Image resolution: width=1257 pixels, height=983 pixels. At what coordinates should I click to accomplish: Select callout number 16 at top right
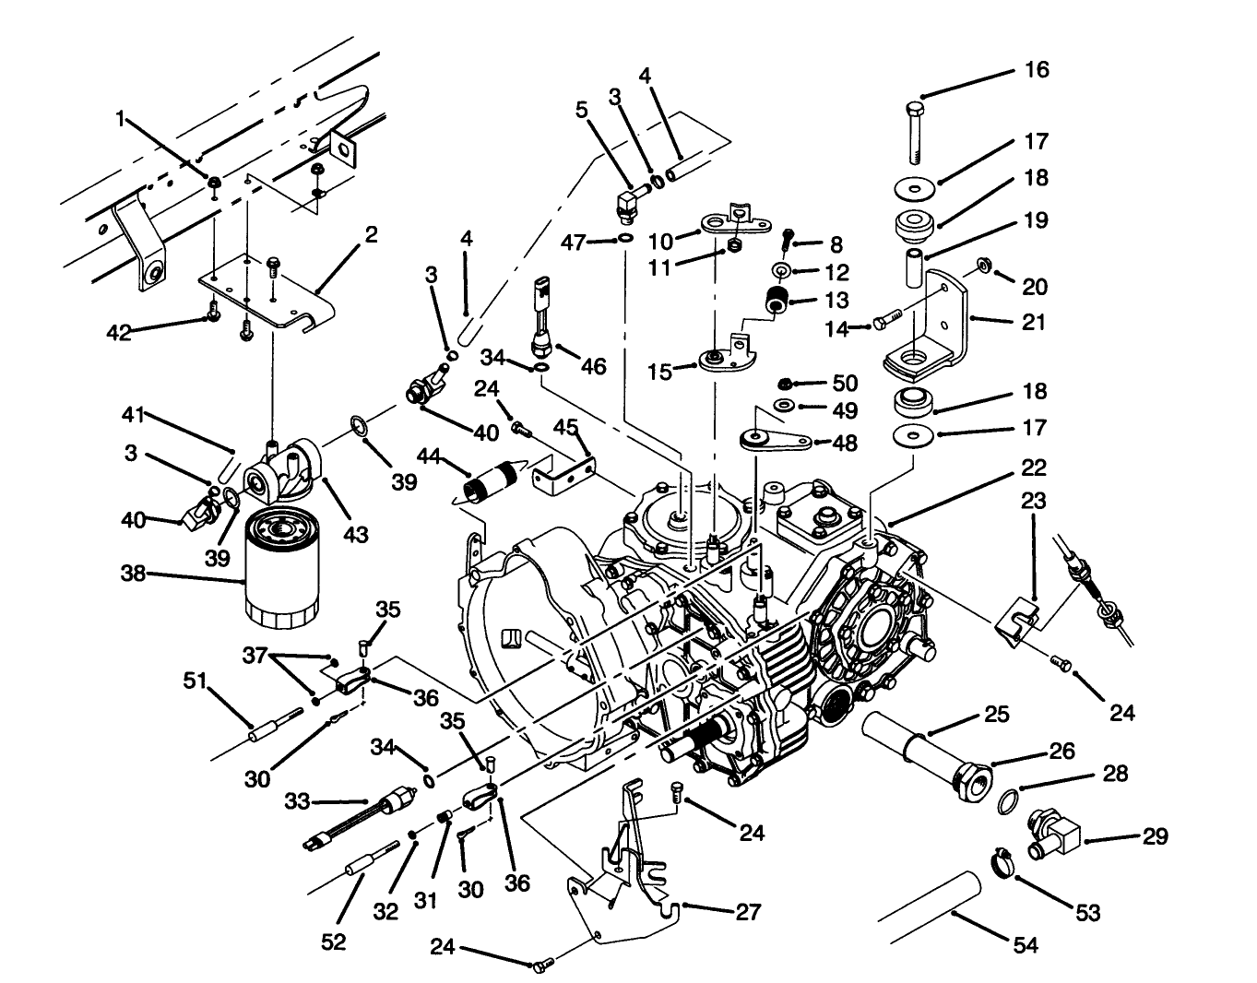pos(1037,70)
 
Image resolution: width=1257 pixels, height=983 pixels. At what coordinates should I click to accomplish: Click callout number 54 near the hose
pos(1025,945)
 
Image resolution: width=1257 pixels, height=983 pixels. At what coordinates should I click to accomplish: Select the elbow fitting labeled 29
pos(1053,831)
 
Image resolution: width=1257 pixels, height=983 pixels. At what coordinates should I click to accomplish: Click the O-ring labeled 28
pos(1012,800)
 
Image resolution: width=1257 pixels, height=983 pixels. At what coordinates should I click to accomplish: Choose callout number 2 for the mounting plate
pos(371,235)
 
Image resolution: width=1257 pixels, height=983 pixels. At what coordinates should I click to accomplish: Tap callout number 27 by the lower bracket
pos(748,912)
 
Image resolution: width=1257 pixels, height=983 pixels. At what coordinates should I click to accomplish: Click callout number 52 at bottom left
pos(334,942)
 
